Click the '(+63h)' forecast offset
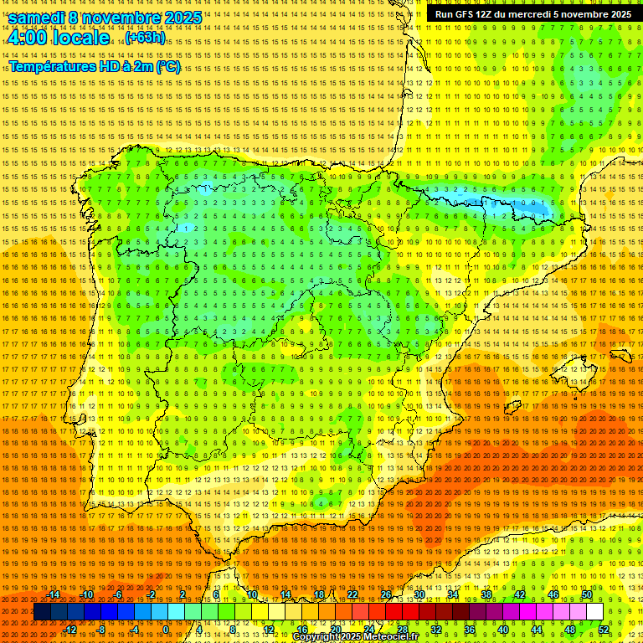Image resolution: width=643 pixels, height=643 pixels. [x=145, y=38]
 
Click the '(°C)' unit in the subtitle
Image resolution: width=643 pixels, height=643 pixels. [x=167, y=67]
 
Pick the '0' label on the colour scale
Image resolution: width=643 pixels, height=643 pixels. [x=166, y=630]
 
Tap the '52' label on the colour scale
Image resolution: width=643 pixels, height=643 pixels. [x=604, y=630]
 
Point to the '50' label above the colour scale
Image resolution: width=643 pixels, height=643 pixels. [x=587, y=594]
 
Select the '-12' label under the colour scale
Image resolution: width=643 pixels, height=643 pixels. [x=70, y=630]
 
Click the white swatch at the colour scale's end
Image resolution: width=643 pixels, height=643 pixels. [x=594, y=612]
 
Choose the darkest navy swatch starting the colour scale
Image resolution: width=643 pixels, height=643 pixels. [x=42, y=612]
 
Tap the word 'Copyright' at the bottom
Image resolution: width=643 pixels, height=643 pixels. [x=317, y=637]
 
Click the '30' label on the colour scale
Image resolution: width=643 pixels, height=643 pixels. [x=419, y=594]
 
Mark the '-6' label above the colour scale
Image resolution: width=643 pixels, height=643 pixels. [x=118, y=594]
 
